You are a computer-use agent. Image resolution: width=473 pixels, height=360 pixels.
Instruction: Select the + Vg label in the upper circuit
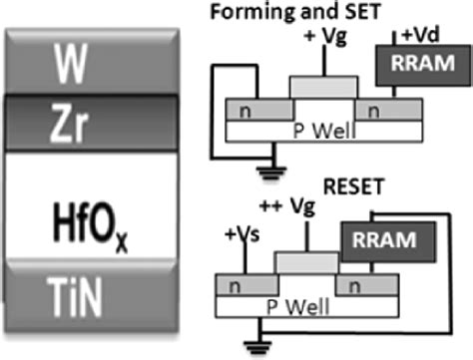coord(323,37)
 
